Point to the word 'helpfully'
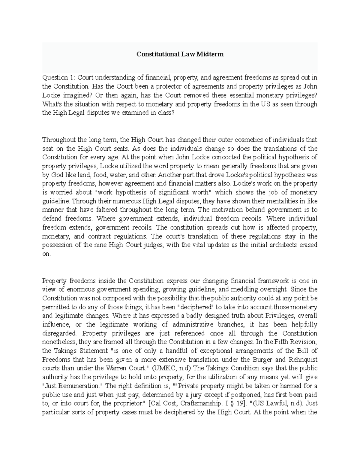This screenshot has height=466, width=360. point(302,324)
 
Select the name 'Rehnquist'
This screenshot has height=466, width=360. point(303,359)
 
